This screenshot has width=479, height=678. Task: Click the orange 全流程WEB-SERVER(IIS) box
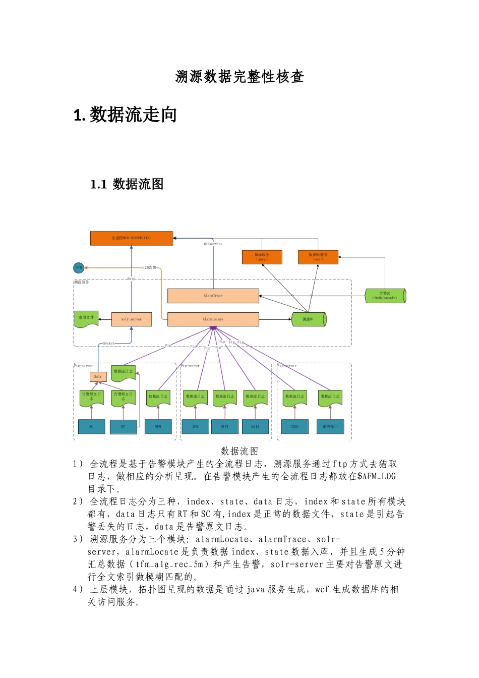click(131, 238)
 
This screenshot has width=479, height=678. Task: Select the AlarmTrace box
click(213, 296)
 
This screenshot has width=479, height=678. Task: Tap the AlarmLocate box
click(213, 319)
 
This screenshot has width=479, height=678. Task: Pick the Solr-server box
click(131, 319)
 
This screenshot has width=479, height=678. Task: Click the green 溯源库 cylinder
click(309, 319)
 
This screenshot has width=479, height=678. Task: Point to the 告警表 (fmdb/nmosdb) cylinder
click(385, 296)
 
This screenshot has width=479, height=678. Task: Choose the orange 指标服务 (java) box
click(262, 257)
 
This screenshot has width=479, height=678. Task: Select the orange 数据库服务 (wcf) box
click(318, 257)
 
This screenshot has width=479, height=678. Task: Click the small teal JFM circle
click(79, 268)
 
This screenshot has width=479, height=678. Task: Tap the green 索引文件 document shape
click(86, 319)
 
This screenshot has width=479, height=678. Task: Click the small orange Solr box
click(98, 376)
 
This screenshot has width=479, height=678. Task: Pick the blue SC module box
click(91, 427)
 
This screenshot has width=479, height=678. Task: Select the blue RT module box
click(123, 427)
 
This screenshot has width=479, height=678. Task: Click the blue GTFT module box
click(224, 427)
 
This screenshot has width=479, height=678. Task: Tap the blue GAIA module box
click(255, 427)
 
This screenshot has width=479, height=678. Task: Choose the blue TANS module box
click(294, 427)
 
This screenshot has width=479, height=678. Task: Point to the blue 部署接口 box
click(330, 427)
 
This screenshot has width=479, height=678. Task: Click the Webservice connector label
click(213, 244)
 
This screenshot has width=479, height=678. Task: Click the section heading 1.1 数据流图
click(127, 184)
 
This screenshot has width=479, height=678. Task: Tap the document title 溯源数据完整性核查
click(239, 77)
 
